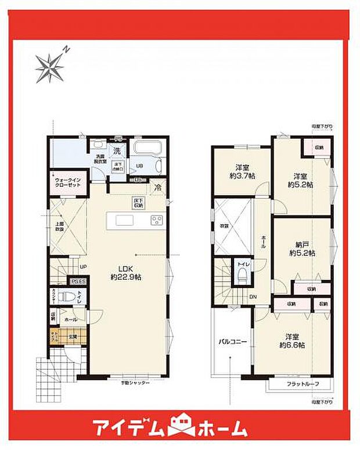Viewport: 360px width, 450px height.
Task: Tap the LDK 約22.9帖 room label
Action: pos(128,273)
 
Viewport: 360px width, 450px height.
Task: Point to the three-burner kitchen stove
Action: pos(157,220)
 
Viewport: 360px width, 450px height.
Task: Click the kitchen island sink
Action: pos(124,220)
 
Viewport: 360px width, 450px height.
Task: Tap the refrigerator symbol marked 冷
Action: pos(158,188)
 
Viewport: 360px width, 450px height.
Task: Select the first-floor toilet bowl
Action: pos(69,298)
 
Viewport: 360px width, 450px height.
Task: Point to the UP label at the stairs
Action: pos(83,268)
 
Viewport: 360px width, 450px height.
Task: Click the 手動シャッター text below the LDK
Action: pos(135,383)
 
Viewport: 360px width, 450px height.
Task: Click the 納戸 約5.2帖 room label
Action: pos(301,249)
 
